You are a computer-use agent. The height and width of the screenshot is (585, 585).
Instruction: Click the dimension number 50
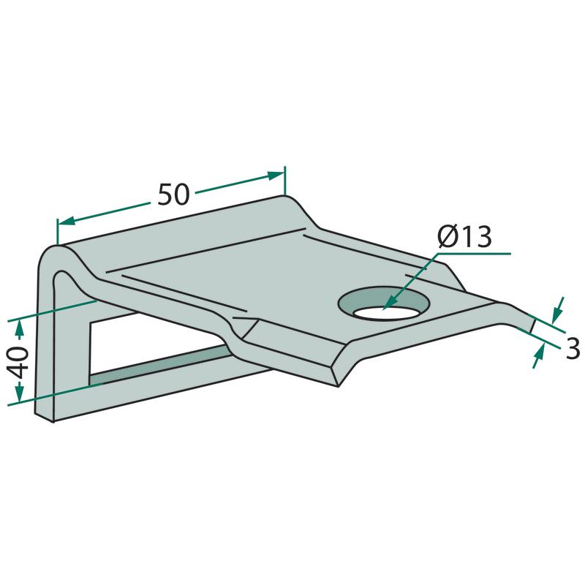coord(173,194)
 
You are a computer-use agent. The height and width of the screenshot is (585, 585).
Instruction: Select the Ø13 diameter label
coord(465,237)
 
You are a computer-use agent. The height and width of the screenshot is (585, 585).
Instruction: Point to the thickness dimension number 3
coord(573,349)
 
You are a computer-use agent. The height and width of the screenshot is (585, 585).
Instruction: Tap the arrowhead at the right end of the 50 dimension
coord(276,175)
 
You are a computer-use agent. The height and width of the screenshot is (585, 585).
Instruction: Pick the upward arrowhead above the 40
coord(19,330)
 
